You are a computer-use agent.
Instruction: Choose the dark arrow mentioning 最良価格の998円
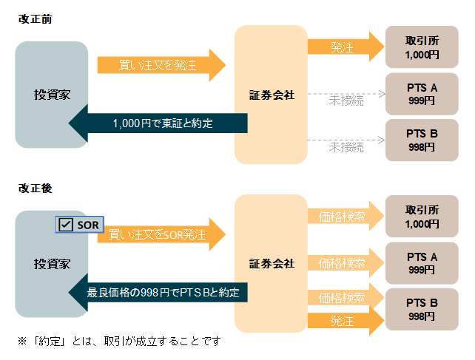pyautogui.click(x=162, y=293)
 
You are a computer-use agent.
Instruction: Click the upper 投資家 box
pyautogui.click(x=52, y=95)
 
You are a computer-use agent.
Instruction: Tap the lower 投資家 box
pyautogui.click(x=52, y=264)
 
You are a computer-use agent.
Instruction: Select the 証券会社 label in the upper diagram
pyautogui.click(x=272, y=95)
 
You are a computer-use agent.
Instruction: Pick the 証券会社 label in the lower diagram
pyautogui.click(x=272, y=264)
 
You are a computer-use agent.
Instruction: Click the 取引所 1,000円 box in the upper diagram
pyautogui.click(x=422, y=47)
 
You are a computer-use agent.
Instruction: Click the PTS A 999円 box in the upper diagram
pyautogui.click(x=422, y=94)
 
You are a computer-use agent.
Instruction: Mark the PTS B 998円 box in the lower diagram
pyautogui.click(x=422, y=309)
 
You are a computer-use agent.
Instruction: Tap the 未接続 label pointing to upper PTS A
pyautogui.click(x=346, y=101)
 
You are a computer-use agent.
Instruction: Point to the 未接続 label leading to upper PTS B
pyautogui.click(x=346, y=147)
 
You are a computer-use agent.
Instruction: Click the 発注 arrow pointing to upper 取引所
pyautogui.click(x=345, y=47)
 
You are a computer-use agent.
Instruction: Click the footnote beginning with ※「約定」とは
pyautogui.click(x=119, y=342)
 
